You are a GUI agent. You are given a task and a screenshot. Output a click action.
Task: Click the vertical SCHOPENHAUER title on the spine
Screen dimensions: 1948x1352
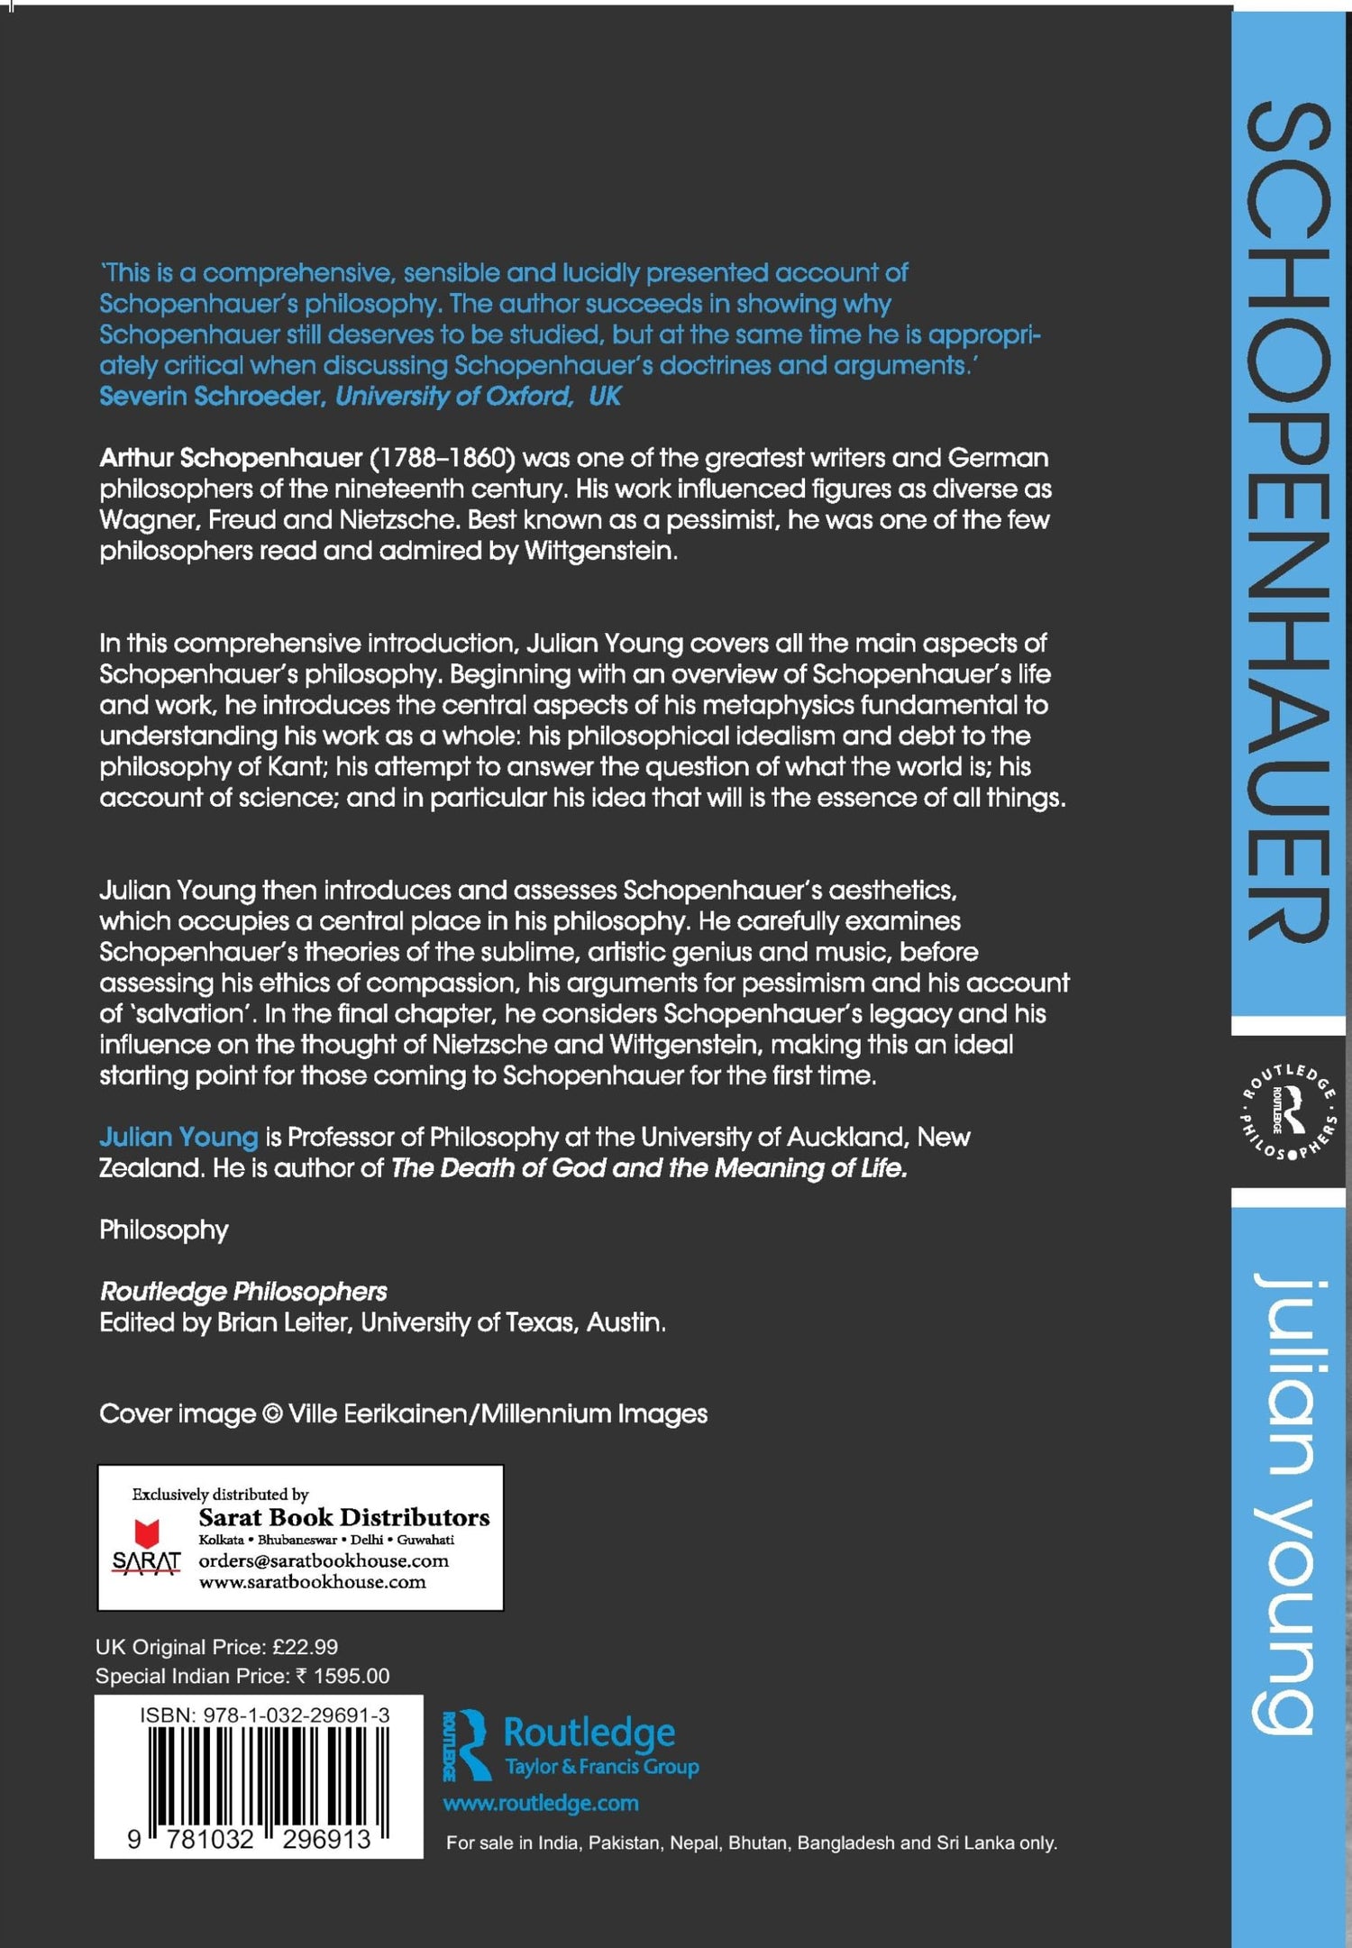click(1288, 523)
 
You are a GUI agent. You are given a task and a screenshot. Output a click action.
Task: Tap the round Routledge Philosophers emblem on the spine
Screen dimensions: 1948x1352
click(1289, 1111)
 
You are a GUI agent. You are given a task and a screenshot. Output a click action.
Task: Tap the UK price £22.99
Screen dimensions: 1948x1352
click(306, 1647)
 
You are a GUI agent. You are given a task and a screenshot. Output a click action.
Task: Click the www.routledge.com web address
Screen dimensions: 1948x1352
click(541, 1803)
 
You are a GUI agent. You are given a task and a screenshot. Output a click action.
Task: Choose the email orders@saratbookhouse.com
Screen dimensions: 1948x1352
click(324, 1560)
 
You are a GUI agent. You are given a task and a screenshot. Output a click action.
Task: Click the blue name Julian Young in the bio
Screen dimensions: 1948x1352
click(178, 1137)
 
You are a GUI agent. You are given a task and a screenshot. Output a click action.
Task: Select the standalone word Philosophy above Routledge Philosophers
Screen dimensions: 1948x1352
click(164, 1230)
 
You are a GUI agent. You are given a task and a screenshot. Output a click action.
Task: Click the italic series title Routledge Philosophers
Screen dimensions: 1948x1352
click(243, 1291)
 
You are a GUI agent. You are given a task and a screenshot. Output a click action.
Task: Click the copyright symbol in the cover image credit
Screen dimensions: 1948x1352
click(271, 1414)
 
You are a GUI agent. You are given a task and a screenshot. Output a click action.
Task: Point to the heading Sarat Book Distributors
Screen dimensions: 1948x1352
click(344, 1516)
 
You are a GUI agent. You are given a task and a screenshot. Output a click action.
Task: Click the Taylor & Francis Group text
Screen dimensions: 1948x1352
click(602, 1767)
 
